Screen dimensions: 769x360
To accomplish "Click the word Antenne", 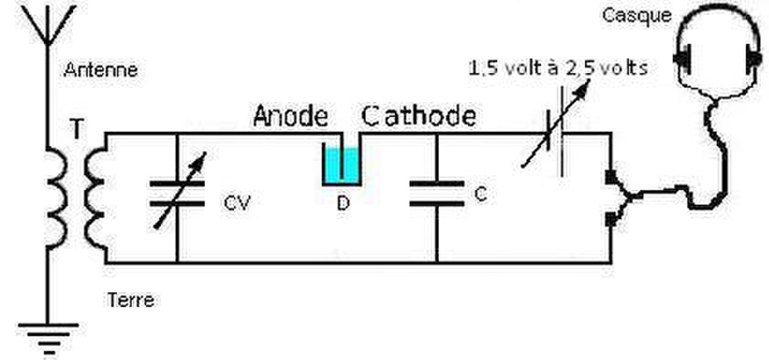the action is (x=101, y=70).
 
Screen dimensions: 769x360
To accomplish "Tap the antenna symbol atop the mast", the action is (x=48, y=25).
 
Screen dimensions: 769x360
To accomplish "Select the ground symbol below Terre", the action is (x=49, y=339).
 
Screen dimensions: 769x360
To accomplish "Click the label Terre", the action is (x=131, y=300).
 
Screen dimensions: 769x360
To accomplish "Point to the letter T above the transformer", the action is (x=77, y=128).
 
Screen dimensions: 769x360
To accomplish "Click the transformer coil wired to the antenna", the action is (x=56, y=197).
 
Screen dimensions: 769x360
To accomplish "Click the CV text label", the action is (x=237, y=203).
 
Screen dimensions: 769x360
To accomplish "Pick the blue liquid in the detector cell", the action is (x=342, y=165).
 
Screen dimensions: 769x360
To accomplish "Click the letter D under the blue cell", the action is (x=343, y=203).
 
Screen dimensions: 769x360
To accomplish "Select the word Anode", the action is (x=290, y=116).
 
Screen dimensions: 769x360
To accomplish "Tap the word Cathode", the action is (x=419, y=116).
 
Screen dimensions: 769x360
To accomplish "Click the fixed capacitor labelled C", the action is (x=436, y=194).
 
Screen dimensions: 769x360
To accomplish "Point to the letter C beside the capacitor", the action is (x=481, y=194).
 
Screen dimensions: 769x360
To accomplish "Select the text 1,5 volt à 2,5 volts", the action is (x=558, y=68).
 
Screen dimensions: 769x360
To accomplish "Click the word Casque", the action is (x=637, y=16).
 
